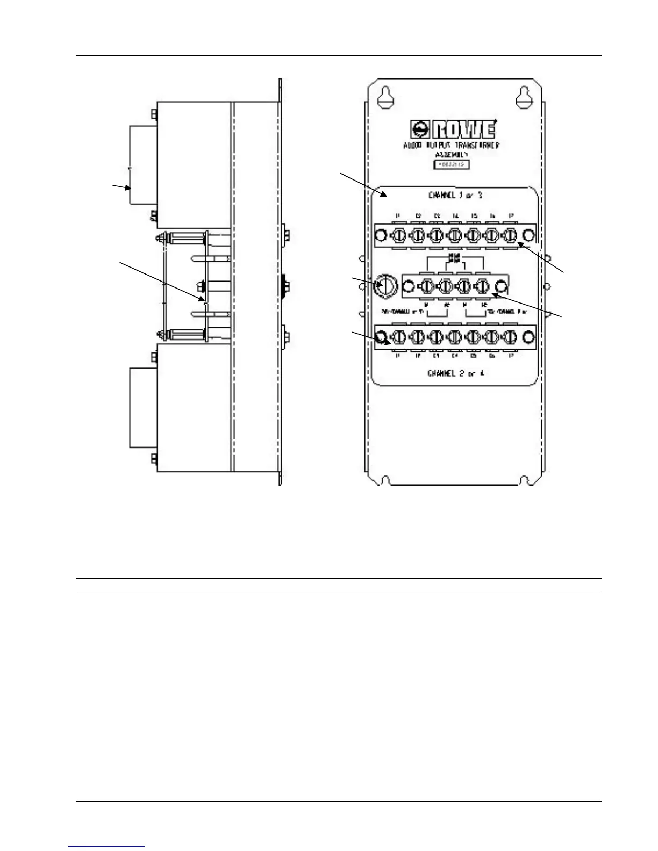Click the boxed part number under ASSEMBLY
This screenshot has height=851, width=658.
(452, 165)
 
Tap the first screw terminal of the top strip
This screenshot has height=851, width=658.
(399, 235)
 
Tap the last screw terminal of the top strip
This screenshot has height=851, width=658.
(509, 235)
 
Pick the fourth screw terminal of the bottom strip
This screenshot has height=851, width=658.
(454, 337)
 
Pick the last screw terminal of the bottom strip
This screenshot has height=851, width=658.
(509, 337)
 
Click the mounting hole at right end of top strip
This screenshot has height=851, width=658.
(528, 235)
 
